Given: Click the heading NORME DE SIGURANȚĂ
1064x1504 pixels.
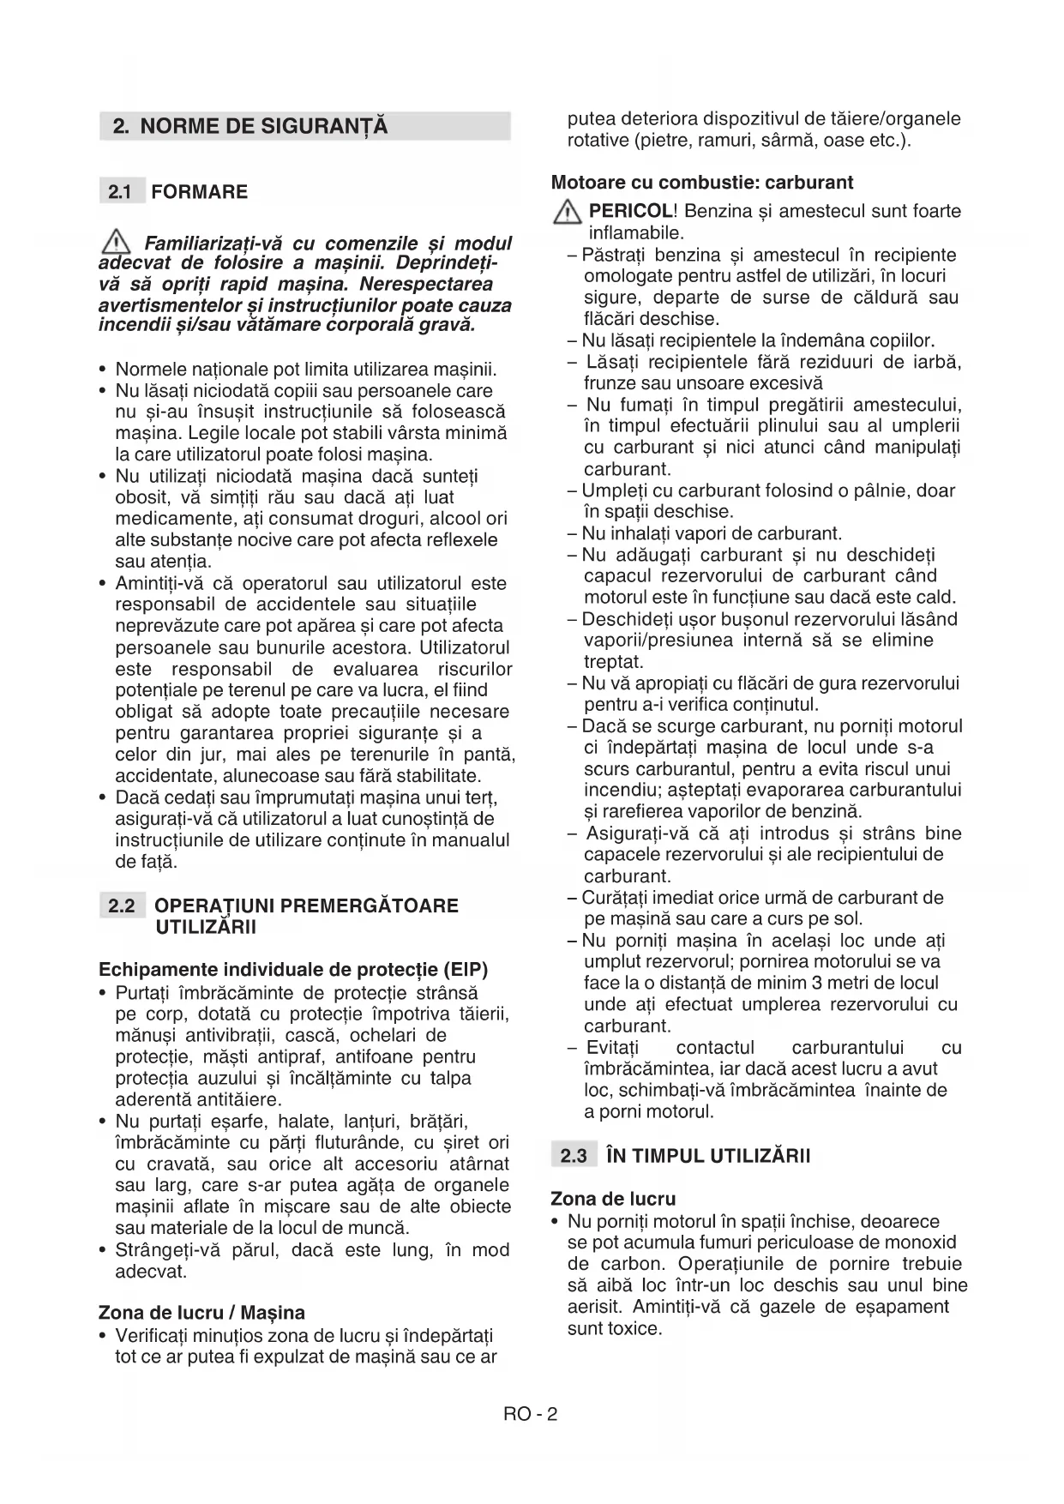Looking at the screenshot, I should [x=263, y=127].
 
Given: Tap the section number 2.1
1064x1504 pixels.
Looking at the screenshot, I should [x=120, y=192].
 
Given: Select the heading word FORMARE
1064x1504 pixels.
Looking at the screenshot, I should [x=199, y=192].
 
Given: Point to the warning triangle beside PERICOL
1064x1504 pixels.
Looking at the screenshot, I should [x=567, y=212].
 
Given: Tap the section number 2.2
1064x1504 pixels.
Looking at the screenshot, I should [x=122, y=906].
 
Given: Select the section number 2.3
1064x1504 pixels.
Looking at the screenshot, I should [x=574, y=1156].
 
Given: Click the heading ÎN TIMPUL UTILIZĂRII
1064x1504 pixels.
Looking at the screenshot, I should [x=707, y=1156].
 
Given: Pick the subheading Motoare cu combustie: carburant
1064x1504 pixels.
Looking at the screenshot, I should [x=702, y=183].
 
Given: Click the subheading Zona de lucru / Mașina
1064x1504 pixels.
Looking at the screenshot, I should [x=201, y=1313].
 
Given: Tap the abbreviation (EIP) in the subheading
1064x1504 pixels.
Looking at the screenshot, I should [x=466, y=970].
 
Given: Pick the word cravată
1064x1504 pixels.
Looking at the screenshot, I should [x=178, y=1164].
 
